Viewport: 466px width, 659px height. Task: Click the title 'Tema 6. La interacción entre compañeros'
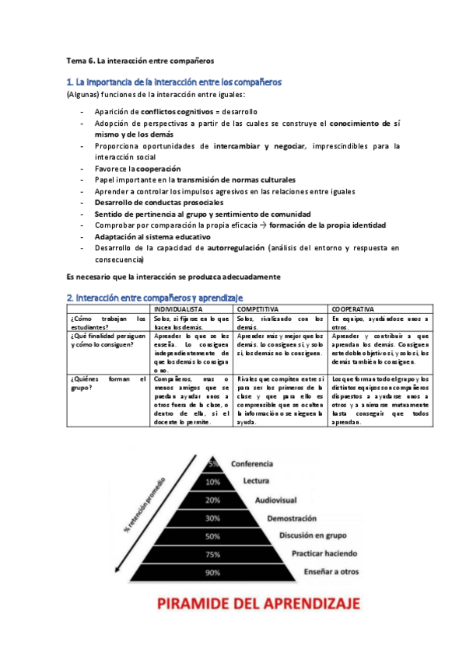pyautogui.click(x=140, y=59)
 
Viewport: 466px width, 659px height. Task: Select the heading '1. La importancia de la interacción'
pyautogui.click(x=174, y=82)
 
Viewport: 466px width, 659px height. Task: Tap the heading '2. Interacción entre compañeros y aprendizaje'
pyautogui.click(x=155, y=297)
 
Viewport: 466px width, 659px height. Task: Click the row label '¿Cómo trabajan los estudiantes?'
pyautogui.click(x=107, y=323)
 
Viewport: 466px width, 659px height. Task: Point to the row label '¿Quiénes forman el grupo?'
pyautogui.click(x=107, y=383)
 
